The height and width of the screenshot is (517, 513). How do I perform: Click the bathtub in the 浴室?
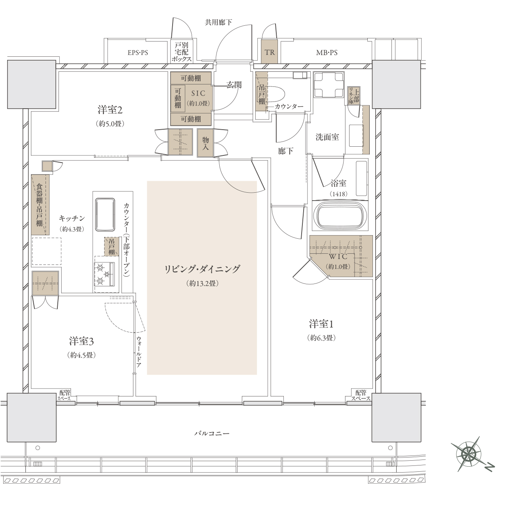pyautogui.click(x=340, y=216)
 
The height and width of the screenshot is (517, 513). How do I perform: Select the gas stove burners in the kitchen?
pyautogui.click(x=104, y=274)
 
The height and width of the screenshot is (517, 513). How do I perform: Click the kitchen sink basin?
pyautogui.click(x=105, y=214)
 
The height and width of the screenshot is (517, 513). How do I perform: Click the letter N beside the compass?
pyautogui.click(x=490, y=467)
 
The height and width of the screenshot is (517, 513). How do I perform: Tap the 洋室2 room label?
pyautogui.click(x=110, y=110)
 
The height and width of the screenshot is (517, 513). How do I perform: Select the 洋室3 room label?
pyautogui.click(x=81, y=341)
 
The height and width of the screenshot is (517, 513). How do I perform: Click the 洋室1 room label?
pyautogui.click(x=321, y=324)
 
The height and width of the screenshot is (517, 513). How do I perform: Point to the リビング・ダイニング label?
pyautogui.click(x=202, y=269)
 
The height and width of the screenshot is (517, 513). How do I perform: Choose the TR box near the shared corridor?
pyautogui.click(x=270, y=52)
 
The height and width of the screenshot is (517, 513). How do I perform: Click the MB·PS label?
pyautogui.click(x=327, y=53)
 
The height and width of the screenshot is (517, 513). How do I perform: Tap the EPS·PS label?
pyautogui.click(x=138, y=53)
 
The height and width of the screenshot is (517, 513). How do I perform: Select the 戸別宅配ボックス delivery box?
pyautogui.click(x=181, y=52)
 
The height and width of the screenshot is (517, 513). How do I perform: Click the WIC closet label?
pyautogui.click(x=338, y=256)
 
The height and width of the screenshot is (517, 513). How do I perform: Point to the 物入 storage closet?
pyautogui.click(x=205, y=143)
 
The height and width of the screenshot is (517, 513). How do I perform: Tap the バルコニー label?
pyautogui.click(x=212, y=433)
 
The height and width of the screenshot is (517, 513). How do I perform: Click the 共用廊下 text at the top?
pyautogui.click(x=218, y=22)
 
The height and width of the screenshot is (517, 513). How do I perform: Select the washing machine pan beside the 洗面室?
pyautogui.click(x=329, y=85)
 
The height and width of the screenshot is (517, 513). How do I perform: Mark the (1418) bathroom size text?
pyautogui.click(x=338, y=194)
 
